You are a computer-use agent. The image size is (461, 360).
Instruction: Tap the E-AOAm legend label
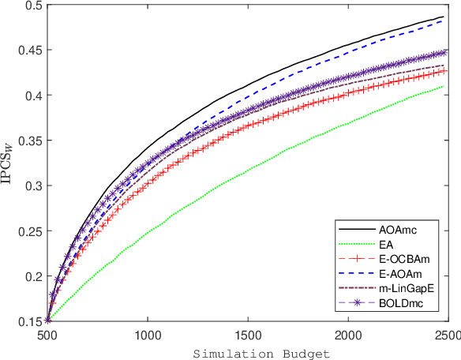(396, 273)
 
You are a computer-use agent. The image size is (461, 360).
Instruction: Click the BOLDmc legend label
(397, 302)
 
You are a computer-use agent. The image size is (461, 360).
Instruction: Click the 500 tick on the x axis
(47, 335)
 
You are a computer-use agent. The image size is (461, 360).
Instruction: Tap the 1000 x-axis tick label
(148, 335)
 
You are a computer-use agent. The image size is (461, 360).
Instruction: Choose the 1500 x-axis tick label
(248, 335)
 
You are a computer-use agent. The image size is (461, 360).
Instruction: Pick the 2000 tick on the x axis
(348, 335)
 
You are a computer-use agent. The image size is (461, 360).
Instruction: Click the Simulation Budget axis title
(249, 351)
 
